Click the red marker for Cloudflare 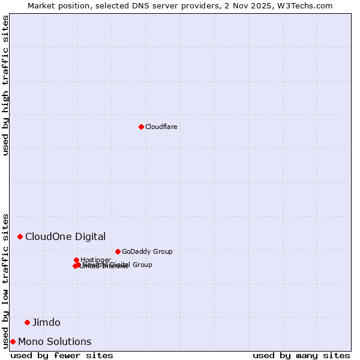[x=141, y=127]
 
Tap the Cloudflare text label [x=161, y=127]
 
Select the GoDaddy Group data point [x=118, y=251]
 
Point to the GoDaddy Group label [x=147, y=251]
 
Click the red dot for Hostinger [x=76, y=260]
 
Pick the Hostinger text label [x=95, y=260]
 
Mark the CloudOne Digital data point [x=20, y=236]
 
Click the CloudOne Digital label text [x=65, y=236]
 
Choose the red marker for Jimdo [x=27, y=322]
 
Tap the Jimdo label [x=46, y=322]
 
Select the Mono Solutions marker [x=13, y=341]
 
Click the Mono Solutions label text [x=55, y=341]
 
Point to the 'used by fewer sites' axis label [x=62, y=355]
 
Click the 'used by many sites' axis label [x=301, y=355]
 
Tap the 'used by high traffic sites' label [x=5, y=85]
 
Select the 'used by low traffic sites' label [x=5, y=280]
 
